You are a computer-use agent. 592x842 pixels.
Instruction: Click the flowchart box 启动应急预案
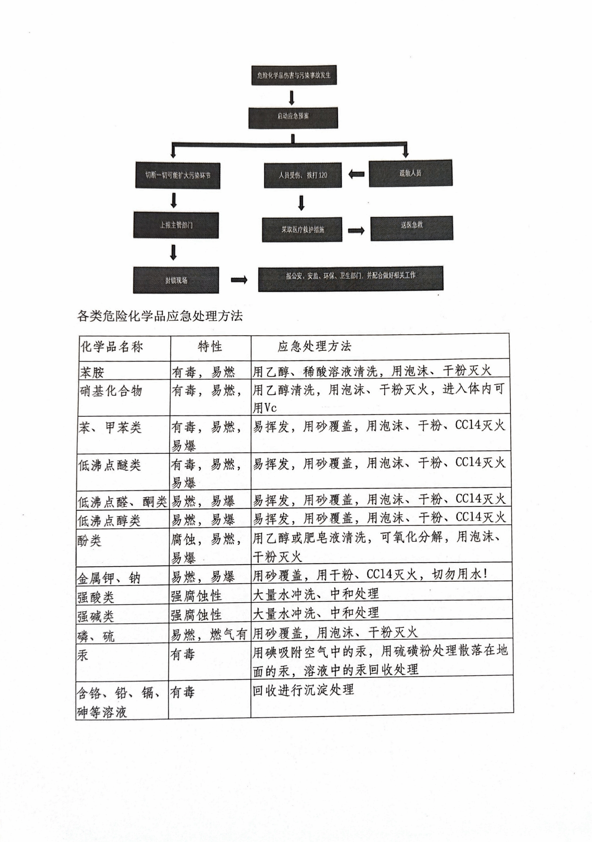[x=293, y=117]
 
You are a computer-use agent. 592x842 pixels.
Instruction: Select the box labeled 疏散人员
[x=410, y=173]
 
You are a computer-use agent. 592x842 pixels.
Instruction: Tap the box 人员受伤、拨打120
[x=303, y=175]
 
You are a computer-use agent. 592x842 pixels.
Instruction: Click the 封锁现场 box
[x=176, y=280]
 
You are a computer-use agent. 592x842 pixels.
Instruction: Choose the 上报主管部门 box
[x=176, y=225]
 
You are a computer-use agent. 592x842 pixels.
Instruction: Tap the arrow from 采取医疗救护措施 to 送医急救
[x=356, y=230]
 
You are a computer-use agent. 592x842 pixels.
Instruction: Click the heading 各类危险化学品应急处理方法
[x=160, y=316]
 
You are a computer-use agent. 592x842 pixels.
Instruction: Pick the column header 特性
[x=210, y=347]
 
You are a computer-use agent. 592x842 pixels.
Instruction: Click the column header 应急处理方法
[x=314, y=346]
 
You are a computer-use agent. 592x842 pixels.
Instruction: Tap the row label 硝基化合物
[x=111, y=391]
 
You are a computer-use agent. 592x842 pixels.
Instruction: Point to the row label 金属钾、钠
[x=108, y=578]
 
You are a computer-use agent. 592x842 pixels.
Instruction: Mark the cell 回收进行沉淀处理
[x=303, y=690]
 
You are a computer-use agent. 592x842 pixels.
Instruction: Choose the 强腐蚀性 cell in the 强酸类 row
[x=196, y=596]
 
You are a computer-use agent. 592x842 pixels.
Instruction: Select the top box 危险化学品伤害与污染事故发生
[x=294, y=75]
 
